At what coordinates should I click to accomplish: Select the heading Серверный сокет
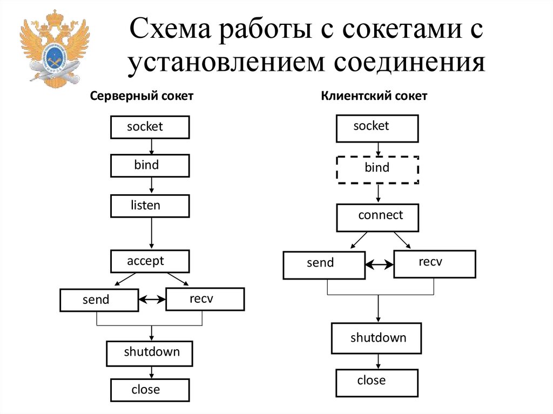tap(141, 97)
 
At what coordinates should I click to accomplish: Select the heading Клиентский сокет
tap(374, 97)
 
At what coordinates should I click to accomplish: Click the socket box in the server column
tap(150, 127)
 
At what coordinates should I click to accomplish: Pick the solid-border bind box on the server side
tap(150, 166)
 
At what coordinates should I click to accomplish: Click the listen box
tap(150, 206)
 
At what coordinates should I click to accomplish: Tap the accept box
tap(150, 261)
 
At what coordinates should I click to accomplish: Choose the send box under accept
tap(99, 300)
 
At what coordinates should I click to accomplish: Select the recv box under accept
tap(205, 299)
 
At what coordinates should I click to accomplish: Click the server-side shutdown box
tap(150, 353)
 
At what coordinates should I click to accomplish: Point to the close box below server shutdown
tap(150, 390)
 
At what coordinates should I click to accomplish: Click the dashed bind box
tap(377, 169)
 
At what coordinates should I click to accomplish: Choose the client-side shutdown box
tap(376, 338)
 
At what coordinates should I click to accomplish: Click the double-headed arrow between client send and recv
tap(379, 264)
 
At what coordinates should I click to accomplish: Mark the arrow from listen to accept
tap(151, 233)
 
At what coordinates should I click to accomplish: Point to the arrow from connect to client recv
tap(402, 240)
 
